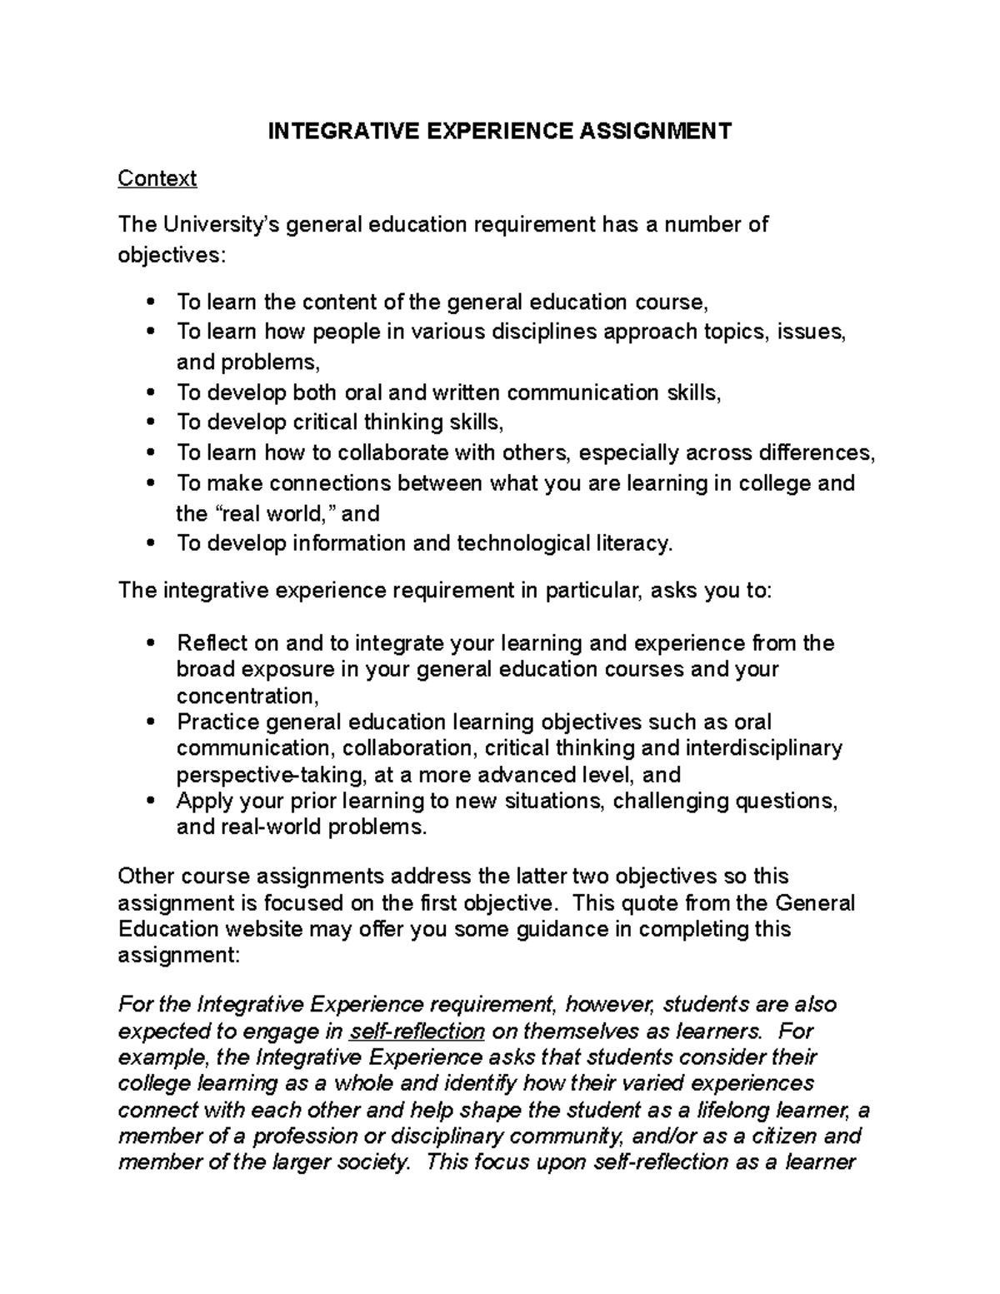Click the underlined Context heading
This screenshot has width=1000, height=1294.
pos(157,178)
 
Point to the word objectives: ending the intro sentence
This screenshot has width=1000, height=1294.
pos(171,255)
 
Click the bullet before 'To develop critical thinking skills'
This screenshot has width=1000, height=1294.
pos(150,422)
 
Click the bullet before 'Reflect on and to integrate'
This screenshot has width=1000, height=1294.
pos(150,643)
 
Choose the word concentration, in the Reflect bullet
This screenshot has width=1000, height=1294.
pos(247,696)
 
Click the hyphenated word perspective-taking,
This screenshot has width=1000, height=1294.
pos(272,775)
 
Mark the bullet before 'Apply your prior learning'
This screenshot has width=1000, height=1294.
pos(150,801)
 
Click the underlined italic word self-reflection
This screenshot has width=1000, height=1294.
pos(417,1031)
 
